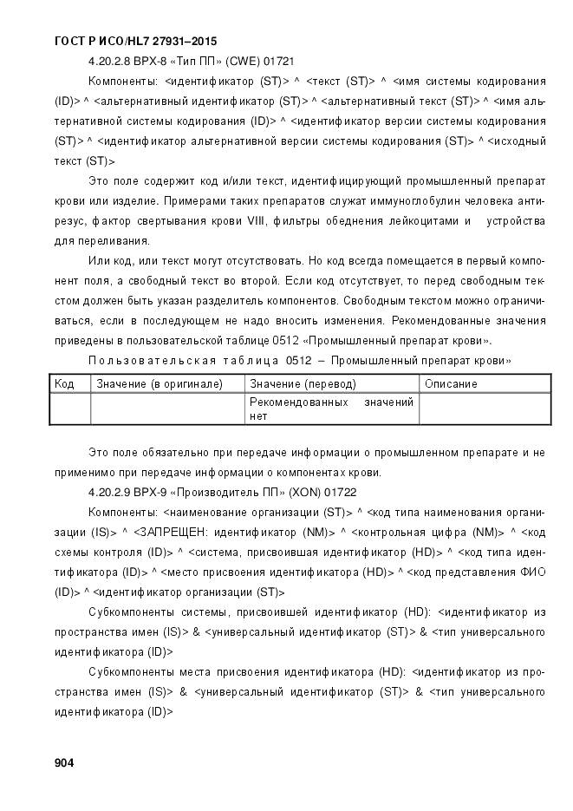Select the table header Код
coord(64,383)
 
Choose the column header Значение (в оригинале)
coord(160,383)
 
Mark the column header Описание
coord(451,383)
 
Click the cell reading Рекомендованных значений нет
coord(331,409)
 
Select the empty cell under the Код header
coord(70,409)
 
